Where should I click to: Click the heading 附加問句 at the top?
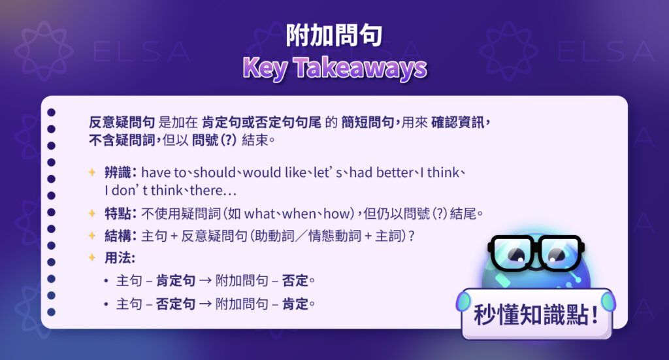[x=334, y=36]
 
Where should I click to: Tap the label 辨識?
[x=118, y=172]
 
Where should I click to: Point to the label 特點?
[x=118, y=214]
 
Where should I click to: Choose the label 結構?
[x=118, y=236]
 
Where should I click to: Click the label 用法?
[x=118, y=257]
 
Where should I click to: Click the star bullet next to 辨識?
[x=92, y=172]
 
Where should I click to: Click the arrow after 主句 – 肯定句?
[x=205, y=281]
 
